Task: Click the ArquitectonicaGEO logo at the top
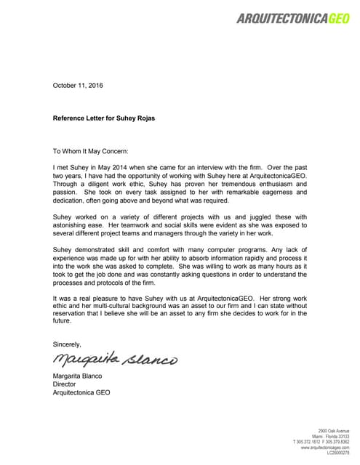pyautogui.click(x=292, y=19)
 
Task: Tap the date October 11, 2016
pyautogui.click(x=78, y=86)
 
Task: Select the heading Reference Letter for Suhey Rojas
pyautogui.click(x=104, y=118)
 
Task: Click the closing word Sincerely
pyautogui.click(x=67, y=344)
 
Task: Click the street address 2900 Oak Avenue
pyautogui.click(x=334, y=430)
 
